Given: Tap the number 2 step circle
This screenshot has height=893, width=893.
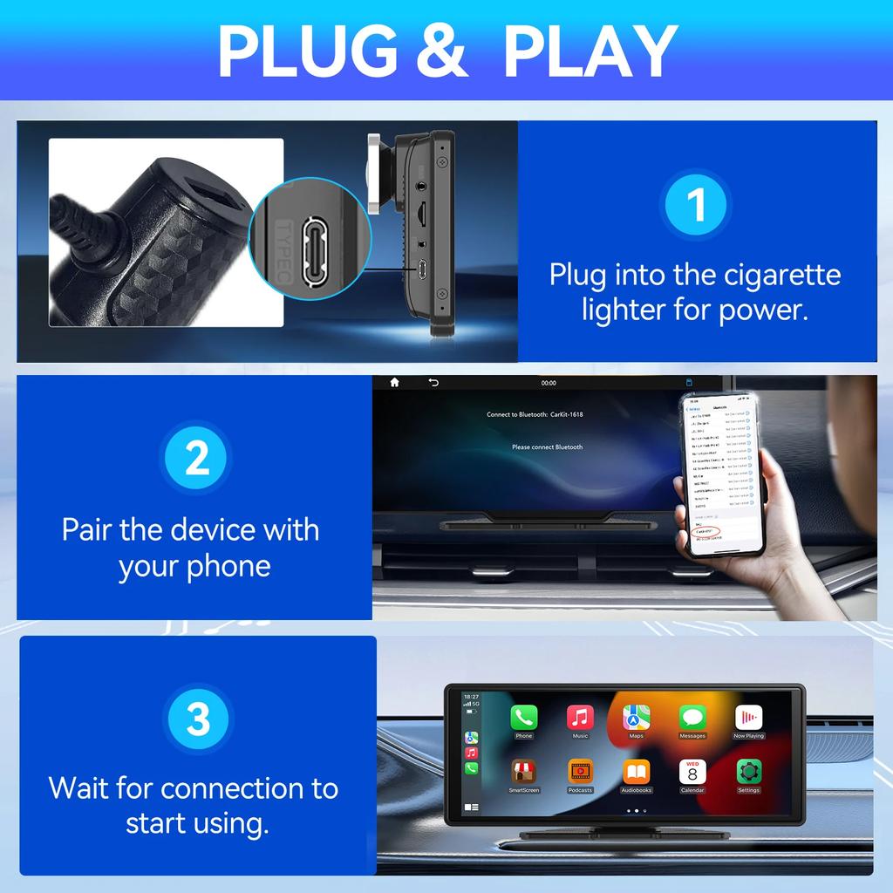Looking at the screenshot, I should pos(197,459).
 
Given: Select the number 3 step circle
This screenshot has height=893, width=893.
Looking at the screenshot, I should pos(198,719).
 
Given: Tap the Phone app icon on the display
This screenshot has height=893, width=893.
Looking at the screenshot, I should pos(523,718).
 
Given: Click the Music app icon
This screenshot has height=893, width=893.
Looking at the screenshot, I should pos(580,718).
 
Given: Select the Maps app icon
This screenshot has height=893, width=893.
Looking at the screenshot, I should pos(636,718).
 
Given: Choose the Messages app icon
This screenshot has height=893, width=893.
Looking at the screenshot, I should pos(692,718).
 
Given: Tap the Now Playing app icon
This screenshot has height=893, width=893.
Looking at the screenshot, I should pos(748,718).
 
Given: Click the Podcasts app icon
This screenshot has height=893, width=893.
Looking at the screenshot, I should pos(580,772).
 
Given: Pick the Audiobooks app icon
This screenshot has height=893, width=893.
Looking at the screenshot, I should pos(636,772).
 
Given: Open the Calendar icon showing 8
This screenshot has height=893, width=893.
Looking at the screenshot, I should pos(692,772).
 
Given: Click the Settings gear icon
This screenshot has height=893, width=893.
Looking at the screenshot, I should pos(748,772).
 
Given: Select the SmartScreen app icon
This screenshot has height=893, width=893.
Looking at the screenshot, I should pos(523,772).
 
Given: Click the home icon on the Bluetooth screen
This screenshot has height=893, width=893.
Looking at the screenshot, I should pos(394,382).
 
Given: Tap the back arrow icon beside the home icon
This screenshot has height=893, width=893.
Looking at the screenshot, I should pos(433,382).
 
